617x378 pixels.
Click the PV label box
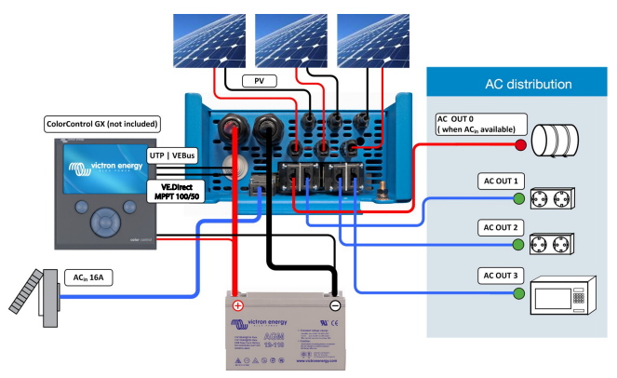pyautogui.click(x=260, y=82)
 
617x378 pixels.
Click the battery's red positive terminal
pyautogui.click(x=237, y=304)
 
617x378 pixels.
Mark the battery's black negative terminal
pyautogui.click(x=335, y=304)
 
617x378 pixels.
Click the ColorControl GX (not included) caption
pyautogui.click(x=101, y=124)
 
